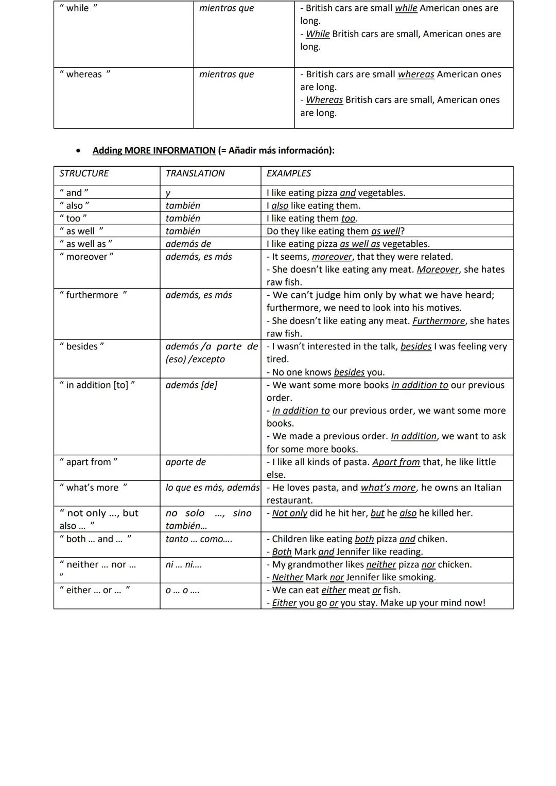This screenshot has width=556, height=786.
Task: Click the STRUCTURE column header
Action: pos(84,173)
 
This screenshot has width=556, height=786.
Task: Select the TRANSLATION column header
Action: pos(195,173)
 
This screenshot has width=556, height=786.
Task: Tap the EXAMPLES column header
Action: pos(288,173)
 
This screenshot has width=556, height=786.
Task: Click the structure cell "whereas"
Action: pos(84,74)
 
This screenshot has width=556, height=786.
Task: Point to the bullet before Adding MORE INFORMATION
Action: pos(78,151)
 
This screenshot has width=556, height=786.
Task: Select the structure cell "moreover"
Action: pos(86,257)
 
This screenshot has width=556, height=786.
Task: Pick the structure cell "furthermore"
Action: pos(93,295)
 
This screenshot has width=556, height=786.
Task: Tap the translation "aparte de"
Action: pos(185,462)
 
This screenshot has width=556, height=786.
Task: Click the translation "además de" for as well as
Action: pos(188,244)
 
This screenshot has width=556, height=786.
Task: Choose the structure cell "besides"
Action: pos(82,346)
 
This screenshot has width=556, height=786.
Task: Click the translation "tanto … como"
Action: pos(198,539)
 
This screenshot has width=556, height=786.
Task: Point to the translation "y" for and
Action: pos(168,193)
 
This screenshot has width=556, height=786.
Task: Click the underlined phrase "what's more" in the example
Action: pos(388,488)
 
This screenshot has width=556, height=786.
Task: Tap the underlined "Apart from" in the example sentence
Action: pos(396,462)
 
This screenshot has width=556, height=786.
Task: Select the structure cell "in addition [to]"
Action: pos(97,385)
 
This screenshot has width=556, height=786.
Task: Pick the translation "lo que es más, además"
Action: pos(212,488)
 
